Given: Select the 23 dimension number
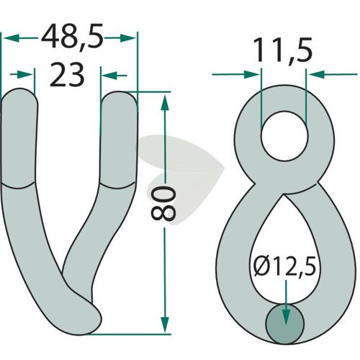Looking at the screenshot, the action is coord(67,74).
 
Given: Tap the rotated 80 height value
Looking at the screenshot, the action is coord(163,204).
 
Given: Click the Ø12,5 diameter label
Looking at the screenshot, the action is coord(284,267).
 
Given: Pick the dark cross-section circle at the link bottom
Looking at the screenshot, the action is coord(284,324).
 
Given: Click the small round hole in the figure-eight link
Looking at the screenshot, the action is coord(284,136).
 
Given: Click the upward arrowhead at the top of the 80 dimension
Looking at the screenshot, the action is coord(165,102).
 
